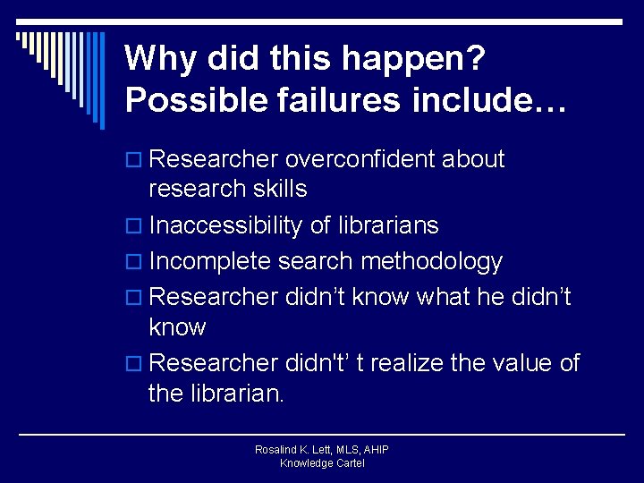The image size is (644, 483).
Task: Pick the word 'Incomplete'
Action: point(210,262)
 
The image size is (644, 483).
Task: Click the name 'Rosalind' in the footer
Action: point(275,450)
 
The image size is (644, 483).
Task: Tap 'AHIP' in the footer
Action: point(375,450)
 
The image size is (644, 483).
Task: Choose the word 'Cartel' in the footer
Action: point(349,463)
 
